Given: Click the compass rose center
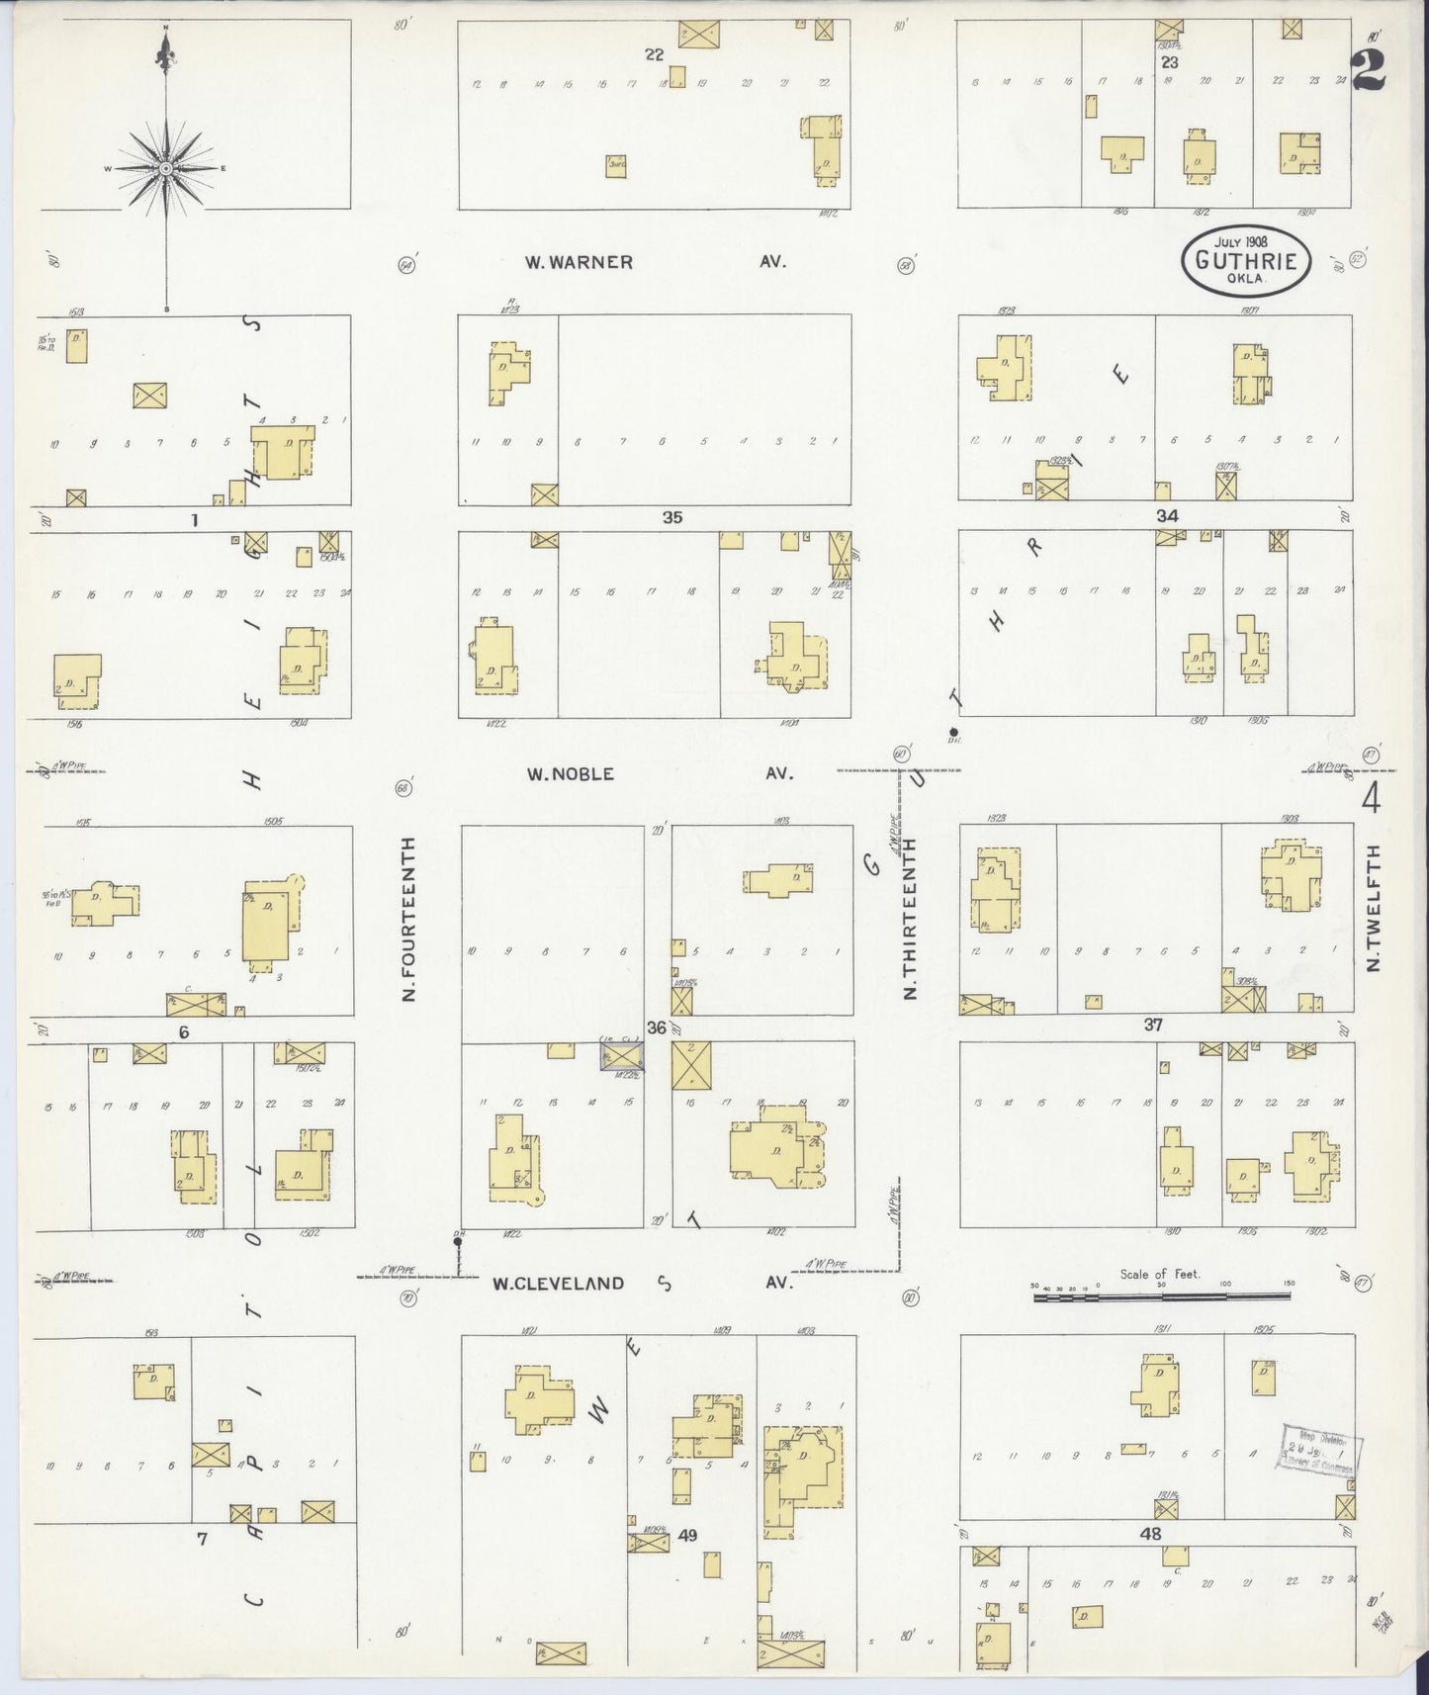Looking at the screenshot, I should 165,169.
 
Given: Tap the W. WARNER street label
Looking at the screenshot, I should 579,262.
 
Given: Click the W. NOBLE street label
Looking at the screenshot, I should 570,773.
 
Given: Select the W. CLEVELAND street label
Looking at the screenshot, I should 558,1283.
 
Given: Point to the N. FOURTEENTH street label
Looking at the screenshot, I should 408,919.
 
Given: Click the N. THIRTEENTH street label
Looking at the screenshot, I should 910,919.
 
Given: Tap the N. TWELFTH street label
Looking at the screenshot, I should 1373,907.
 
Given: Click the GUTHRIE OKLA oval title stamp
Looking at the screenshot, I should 1245,260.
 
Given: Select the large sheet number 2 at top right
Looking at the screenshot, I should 1368,69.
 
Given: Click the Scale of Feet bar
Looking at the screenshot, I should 1163,1294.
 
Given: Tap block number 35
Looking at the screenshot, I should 671,517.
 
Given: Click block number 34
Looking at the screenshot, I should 1167,516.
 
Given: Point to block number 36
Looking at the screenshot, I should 657,1027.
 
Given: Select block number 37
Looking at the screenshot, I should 1153,1025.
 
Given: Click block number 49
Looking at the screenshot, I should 687,1535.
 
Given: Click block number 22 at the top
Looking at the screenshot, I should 654,54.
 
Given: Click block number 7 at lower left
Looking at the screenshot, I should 202,1538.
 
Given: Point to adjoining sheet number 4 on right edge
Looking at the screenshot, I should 1371,797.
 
